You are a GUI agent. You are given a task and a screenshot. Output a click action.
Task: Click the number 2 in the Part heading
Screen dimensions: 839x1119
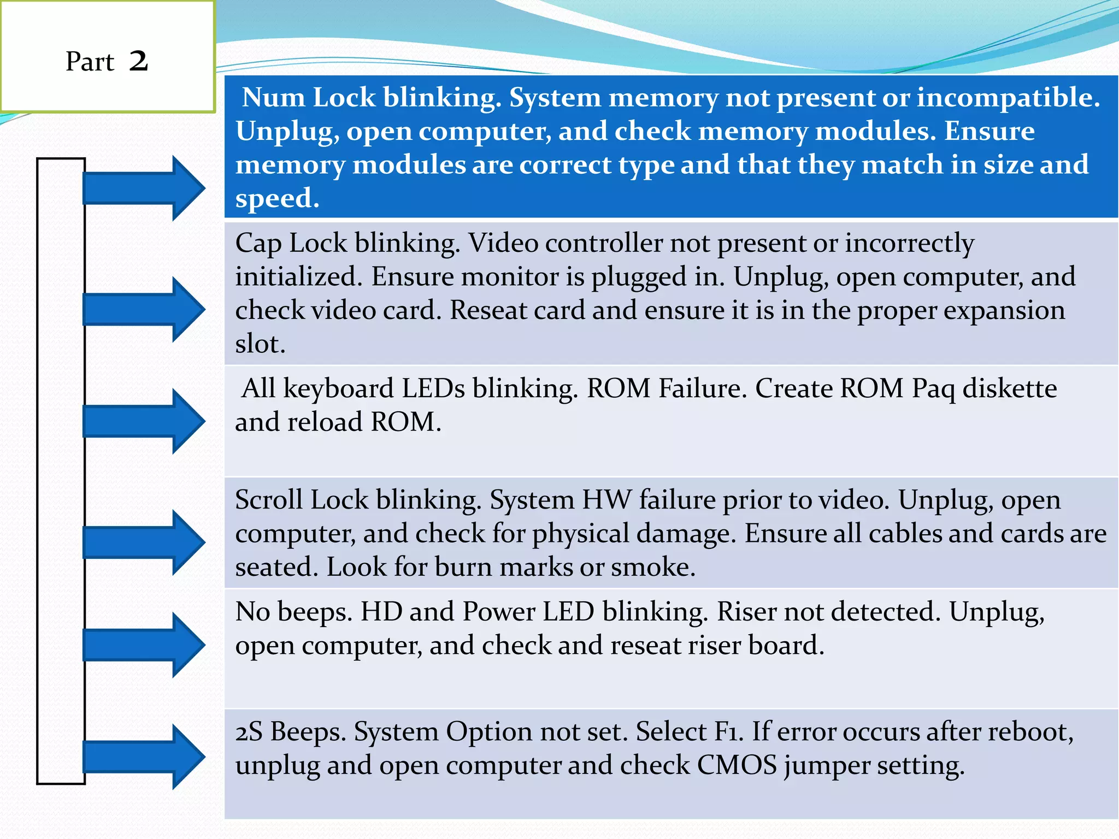click(x=139, y=61)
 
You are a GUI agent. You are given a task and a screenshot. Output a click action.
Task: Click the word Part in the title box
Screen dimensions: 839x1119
click(x=90, y=61)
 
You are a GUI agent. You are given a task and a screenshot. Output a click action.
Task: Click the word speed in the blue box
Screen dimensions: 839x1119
click(x=276, y=199)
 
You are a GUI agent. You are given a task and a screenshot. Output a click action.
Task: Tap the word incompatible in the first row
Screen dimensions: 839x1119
click(x=1008, y=98)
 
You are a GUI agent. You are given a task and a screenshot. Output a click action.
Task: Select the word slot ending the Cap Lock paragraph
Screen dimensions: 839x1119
click(x=260, y=344)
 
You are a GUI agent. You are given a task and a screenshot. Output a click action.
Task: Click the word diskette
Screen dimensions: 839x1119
click(x=1009, y=388)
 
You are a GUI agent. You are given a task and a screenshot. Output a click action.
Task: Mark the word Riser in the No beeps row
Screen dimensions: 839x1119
click(x=746, y=611)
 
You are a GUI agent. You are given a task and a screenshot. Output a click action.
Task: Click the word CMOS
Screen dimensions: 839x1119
click(x=737, y=765)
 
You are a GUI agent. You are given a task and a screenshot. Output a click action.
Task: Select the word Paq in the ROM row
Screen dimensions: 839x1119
click(x=933, y=389)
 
